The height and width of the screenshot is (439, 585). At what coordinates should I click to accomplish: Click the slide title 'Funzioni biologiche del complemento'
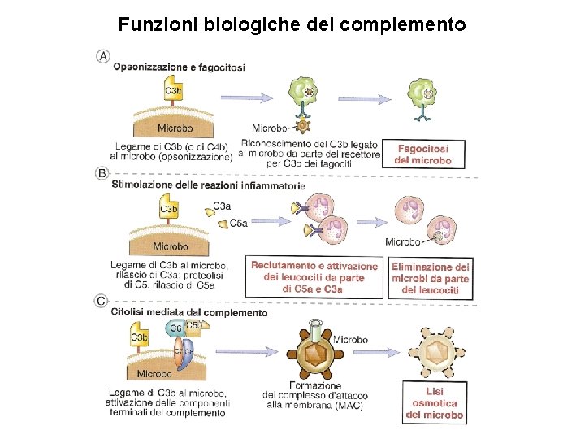pyautogui.click(x=292, y=24)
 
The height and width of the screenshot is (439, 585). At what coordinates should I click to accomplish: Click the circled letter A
pyautogui.click(x=104, y=56)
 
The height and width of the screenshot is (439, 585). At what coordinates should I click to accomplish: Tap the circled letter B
pyautogui.click(x=102, y=173)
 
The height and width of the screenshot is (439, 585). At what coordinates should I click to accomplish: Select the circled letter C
pyautogui.click(x=102, y=301)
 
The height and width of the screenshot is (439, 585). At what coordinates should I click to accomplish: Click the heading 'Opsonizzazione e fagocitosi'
pyautogui.click(x=179, y=67)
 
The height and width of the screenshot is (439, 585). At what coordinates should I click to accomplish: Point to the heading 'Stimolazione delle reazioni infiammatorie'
pyautogui.click(x=209, y=185)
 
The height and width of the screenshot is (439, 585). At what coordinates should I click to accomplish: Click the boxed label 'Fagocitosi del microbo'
pyautogui.click(x=422, y=154)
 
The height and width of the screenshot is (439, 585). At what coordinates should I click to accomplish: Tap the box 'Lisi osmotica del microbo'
pyautogui.click(x=435, y=403)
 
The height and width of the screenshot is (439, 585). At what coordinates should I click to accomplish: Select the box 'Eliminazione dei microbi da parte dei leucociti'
pyautogui.click(x=431, y=278)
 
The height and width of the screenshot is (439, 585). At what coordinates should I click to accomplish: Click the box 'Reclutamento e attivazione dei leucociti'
pyautogui.click(x=314, y=277)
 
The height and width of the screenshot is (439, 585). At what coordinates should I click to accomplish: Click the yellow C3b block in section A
pyautogui.click(x=173, y=92)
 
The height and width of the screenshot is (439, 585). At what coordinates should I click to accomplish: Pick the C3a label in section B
pyautogui.click(x=222, y=206)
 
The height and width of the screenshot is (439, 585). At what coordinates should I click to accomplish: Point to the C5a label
pyautogui.click(x=239, y=223)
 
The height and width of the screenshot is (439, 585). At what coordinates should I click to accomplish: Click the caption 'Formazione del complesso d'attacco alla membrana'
pyautogui.click(x=314, y=395)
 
